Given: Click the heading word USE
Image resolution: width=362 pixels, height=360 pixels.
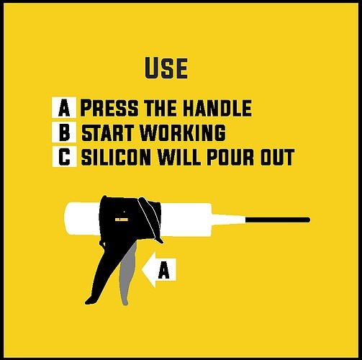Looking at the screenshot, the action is pyautogui.click(x=166, y=68).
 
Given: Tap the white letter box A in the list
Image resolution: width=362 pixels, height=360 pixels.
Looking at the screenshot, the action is pyautogui.click(x=64, y=107).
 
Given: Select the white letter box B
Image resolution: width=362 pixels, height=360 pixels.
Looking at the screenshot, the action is pyautogui.click(x=64, y=132).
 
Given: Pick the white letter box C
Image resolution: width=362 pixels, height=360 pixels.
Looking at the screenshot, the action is pyautogui.click(x=65, y=156).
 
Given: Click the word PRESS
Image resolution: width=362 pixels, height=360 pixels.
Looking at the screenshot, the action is pyautogui.click(x=109, y=108).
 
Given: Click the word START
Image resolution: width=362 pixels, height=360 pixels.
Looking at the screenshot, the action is pyautogui.click(x=107, y=132).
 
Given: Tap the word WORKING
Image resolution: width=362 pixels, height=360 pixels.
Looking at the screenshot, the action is pyautogui.click(x=183, y=132).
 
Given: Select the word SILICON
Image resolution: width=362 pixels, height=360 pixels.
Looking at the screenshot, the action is pyautogui.click(x=117, y=157).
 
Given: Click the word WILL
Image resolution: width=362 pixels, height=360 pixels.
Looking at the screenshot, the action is pyautogui.click(x=180, y=157).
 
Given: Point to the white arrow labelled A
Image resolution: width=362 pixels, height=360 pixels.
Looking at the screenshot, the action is pyautogui.click(x=159, y=270).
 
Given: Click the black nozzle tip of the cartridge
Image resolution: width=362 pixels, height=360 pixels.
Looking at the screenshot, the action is pyautogui.click(x=278, y=220).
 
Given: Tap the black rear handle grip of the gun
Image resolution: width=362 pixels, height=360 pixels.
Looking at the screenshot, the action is pyautogui.click(x=99, y=274).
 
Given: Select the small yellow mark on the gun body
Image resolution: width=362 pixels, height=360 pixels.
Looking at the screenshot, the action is pyautogui.click(x=122, y=220).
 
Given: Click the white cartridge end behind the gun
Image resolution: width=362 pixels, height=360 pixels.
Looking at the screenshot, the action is pyautogui.click(x=82, y=219).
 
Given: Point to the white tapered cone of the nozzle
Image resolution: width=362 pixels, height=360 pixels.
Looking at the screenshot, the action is pyautogui.click(x=228, y=219).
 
